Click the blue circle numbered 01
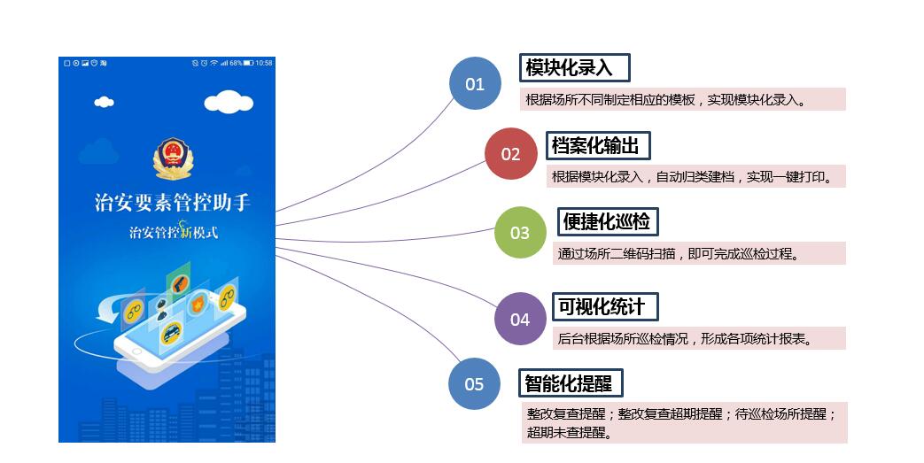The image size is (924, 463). (x=475, y=83)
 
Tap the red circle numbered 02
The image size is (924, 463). (x=511, y=154)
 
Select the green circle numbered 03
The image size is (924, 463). (x=520, y=233)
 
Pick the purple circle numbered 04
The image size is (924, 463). (x=520, y=319)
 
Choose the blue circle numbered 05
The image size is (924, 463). (x=475, y=383)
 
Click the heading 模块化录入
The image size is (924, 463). (x=574, y=68)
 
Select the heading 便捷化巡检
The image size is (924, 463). (x=609, y=221)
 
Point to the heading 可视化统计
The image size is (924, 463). (x=606, y=306)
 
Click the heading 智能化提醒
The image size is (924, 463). (x=571, y=383)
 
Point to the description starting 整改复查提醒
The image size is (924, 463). (x=683, y=422)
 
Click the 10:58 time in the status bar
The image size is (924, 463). (x=264, y=63)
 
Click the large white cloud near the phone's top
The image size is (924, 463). (x=229, y=102)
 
